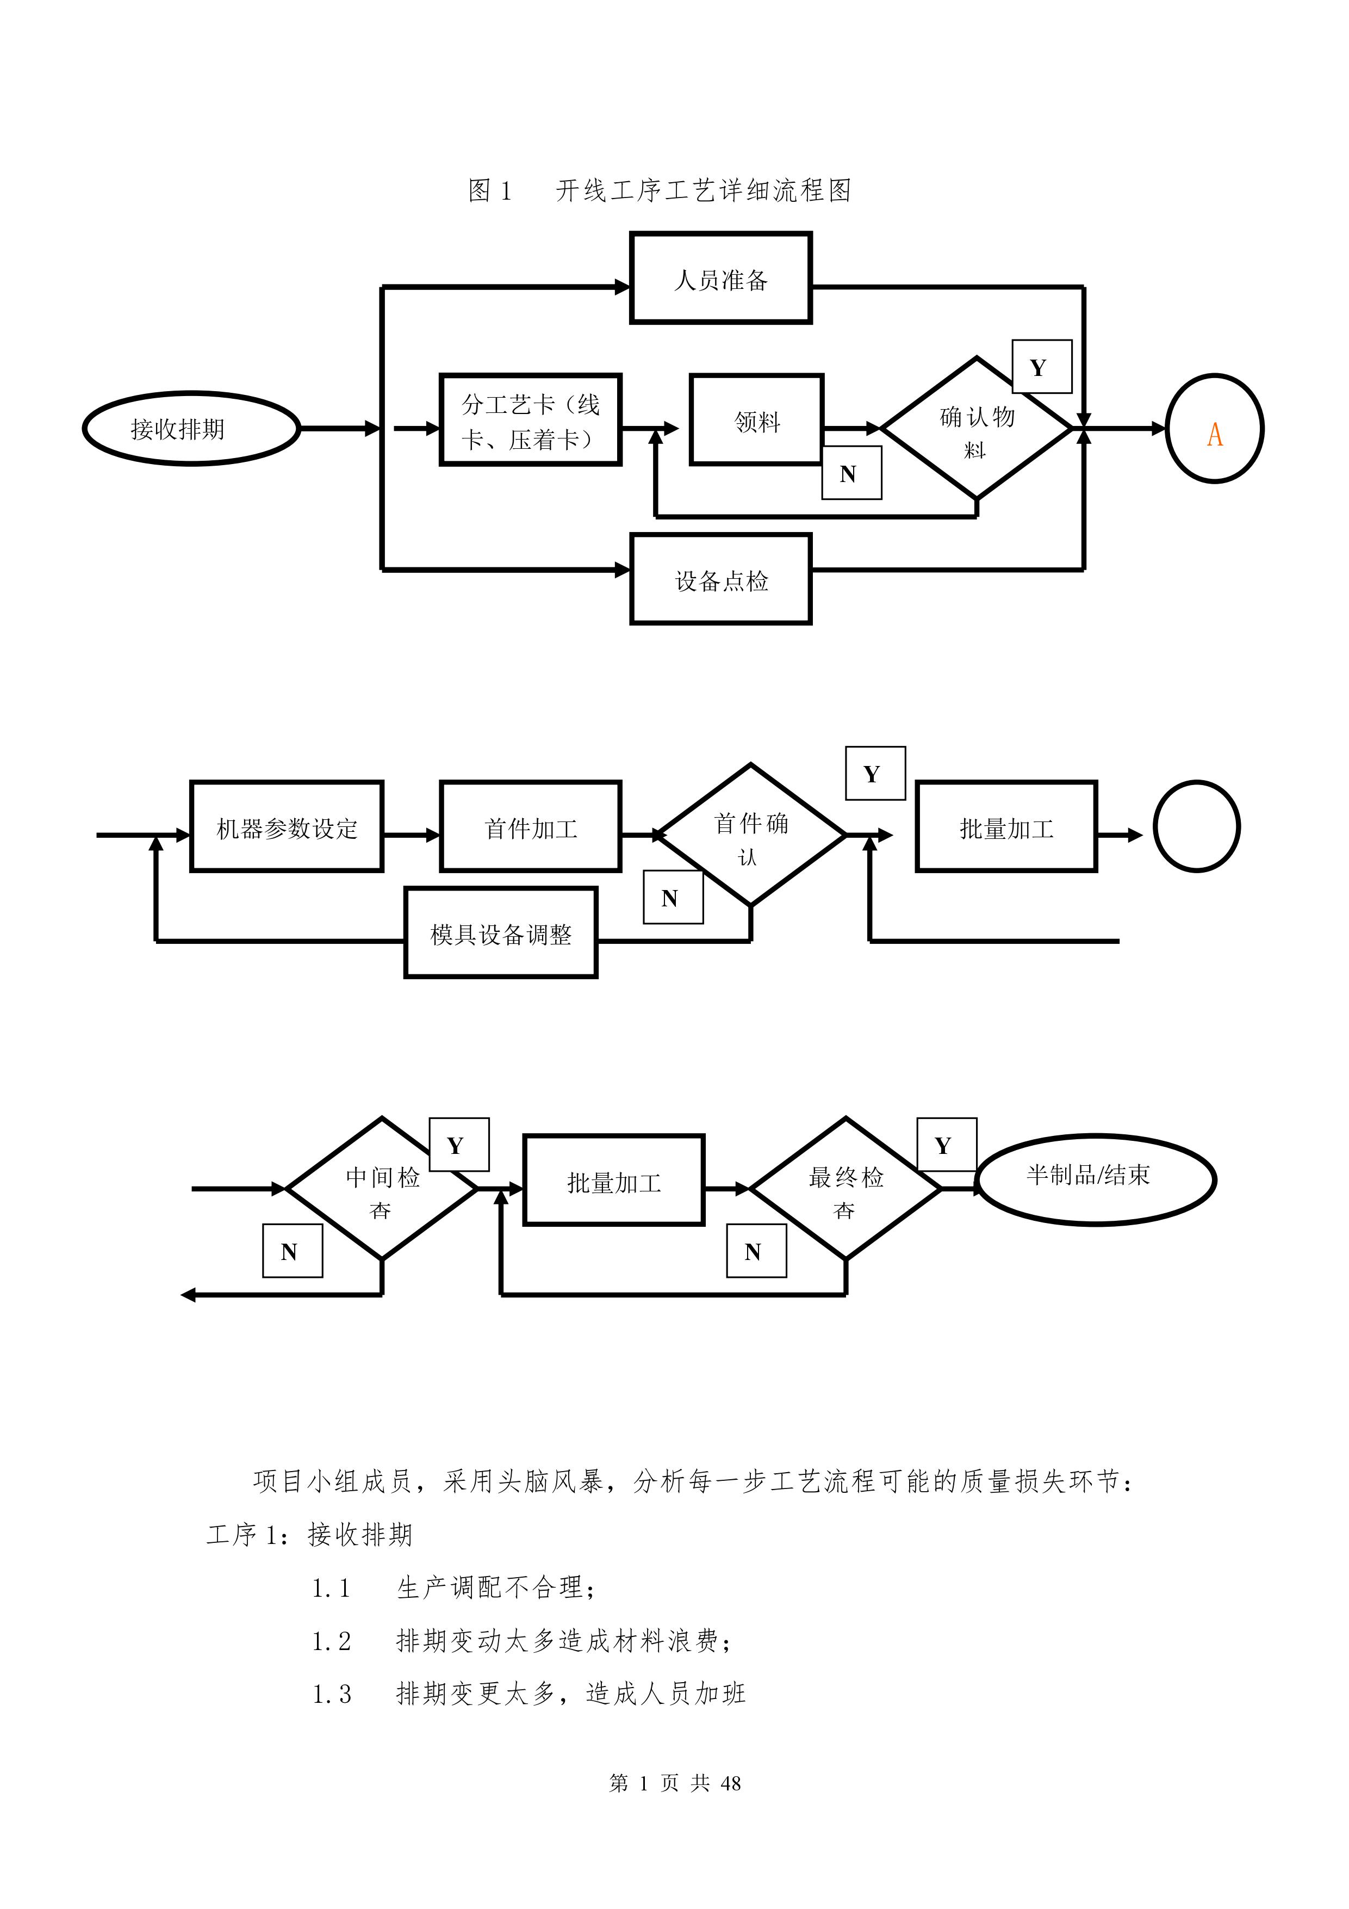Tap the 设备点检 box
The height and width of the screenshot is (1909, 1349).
coord(720,579)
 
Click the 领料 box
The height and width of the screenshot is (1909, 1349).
coord(756,421)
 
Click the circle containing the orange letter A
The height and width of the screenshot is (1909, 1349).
coord(1214,429)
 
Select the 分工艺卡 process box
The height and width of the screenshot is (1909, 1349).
coord(530,421)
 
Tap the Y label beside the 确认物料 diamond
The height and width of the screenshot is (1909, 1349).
coord(1041,367)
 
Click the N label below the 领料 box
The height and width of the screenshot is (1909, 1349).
coord(851,473)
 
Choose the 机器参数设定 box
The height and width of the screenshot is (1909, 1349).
coord(287,827)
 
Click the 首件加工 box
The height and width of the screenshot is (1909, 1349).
coord(530,827)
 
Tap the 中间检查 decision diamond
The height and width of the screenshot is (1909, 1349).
coord(382,1189)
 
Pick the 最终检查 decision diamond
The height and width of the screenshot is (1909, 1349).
coord(846,1189)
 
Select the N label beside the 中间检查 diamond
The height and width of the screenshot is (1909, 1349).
coord(293,1251)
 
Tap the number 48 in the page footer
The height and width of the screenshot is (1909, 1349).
coord(731,1782)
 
